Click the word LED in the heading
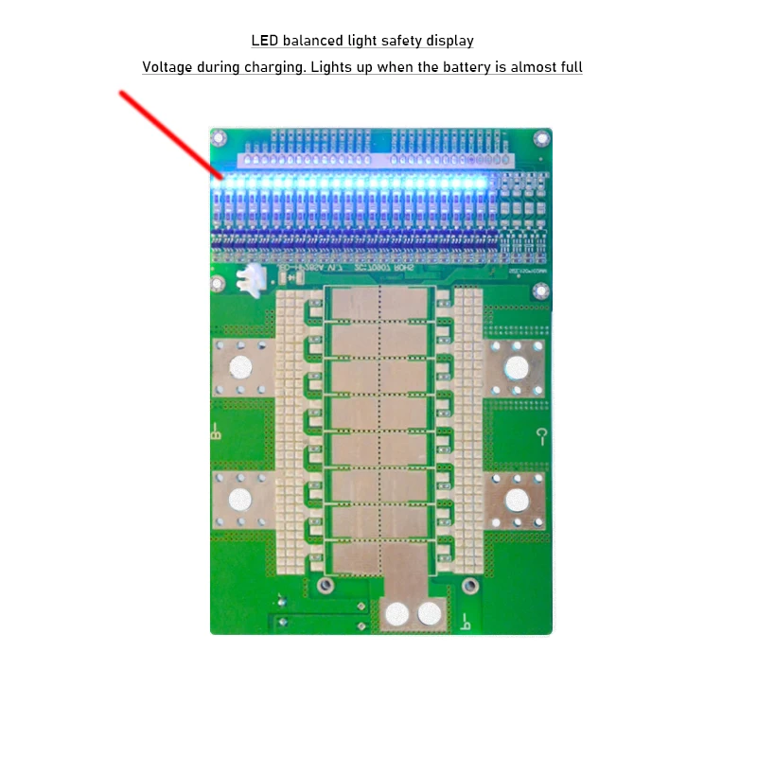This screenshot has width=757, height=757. (x=264, y=41)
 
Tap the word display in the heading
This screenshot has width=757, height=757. (x=449, y=41)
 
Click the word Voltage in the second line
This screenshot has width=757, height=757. (x=166, y=67)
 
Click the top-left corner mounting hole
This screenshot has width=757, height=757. (x=220, y=139)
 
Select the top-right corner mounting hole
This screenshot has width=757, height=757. (x=540, y=138)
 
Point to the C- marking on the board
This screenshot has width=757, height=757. (x=541, y=436)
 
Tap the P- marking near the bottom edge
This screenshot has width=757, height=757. (x=465, y=621)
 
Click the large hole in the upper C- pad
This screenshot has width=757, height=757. (x=517, y=367)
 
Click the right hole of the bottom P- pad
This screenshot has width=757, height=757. (x=431, y=614)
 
